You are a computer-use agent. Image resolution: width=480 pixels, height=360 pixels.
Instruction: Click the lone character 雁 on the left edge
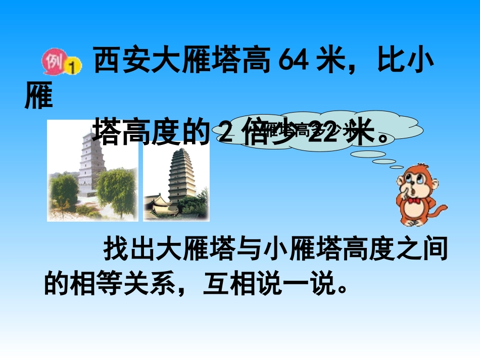click(x=38, y=98)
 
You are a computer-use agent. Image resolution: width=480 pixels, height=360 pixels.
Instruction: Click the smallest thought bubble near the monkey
click(x=397, y=167)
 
